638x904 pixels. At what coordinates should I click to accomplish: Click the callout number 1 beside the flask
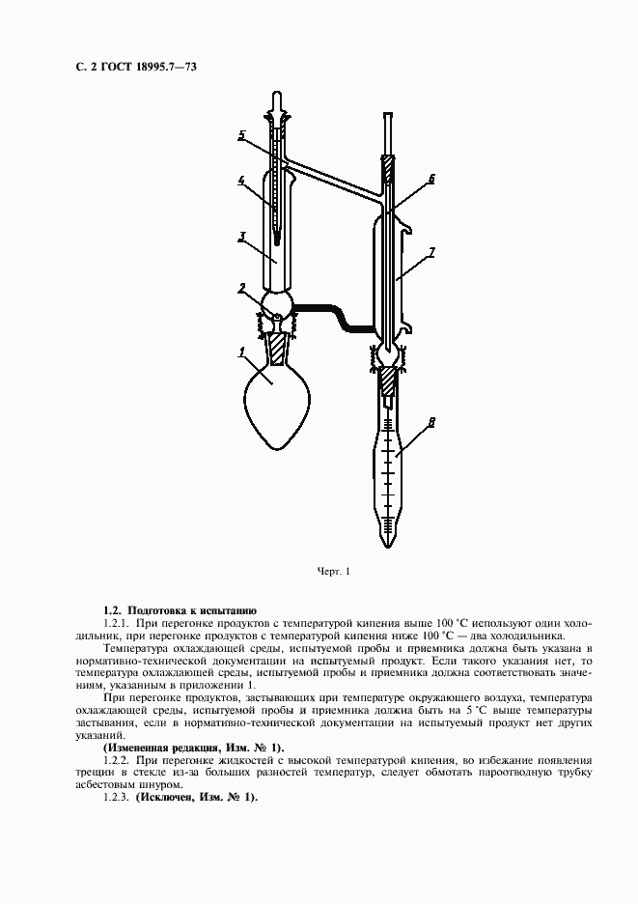240,352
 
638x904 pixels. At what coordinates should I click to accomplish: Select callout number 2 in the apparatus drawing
243,287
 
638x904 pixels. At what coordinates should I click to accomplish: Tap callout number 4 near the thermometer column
241,179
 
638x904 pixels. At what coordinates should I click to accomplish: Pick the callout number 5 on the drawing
242,133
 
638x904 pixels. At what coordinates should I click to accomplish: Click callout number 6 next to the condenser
430,178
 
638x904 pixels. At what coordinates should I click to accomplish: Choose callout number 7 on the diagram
432,252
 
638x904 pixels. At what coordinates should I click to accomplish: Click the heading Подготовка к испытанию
192,610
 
